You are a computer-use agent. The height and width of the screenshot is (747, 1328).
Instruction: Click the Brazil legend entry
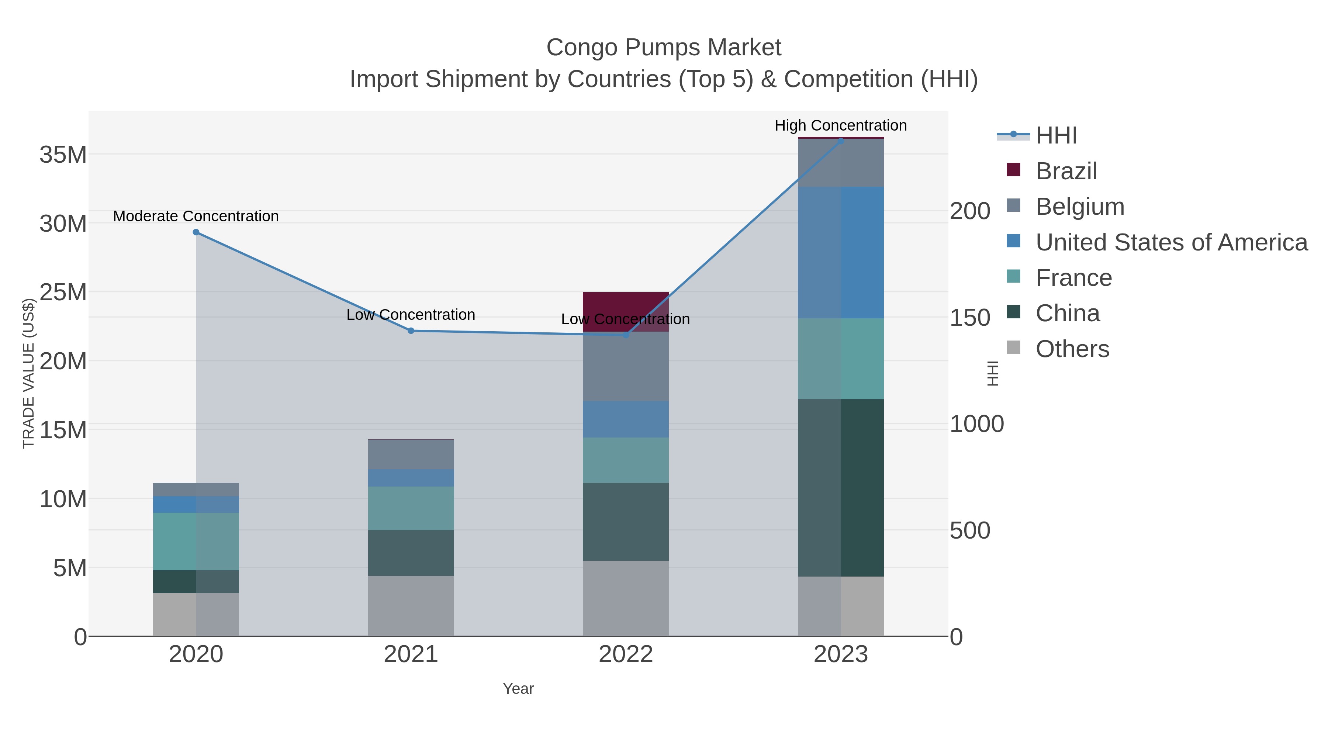[1066, 171]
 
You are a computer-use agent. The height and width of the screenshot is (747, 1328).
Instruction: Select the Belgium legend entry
[1079, 207]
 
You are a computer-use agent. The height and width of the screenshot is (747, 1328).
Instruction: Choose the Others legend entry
[1072, 349]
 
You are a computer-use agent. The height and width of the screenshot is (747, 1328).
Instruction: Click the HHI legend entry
[1056, 136]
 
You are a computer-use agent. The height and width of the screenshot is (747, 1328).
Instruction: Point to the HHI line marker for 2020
[196, 232]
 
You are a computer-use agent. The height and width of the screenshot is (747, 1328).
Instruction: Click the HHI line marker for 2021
[411, 331]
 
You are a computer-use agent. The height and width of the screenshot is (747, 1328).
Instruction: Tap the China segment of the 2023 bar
[841, 488]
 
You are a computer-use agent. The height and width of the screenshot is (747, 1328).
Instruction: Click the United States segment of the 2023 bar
[841, 253]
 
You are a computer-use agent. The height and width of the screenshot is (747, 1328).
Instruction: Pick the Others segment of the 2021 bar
[411, 606]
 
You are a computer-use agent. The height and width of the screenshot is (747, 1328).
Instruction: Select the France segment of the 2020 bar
[196, 541]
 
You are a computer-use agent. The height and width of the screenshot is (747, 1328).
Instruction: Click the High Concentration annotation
[840, 125]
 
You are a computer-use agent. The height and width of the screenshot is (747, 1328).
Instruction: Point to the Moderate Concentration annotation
[196, 216]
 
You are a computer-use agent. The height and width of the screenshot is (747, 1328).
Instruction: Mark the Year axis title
[518, 689]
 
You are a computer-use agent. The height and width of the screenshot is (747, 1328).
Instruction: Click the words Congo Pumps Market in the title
[664, 48]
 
